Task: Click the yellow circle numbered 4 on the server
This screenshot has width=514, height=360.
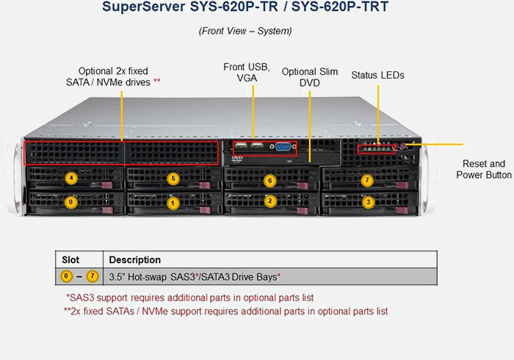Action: click(70, 178)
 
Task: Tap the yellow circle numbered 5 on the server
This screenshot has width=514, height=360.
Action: click(173, 178)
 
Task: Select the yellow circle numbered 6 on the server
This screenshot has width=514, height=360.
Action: click(270, 180)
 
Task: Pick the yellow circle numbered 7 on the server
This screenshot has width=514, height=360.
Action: click(368, 180)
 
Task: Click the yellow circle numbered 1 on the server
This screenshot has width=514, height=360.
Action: click(173, 202)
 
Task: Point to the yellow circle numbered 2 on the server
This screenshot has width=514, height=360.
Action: click(270, 201)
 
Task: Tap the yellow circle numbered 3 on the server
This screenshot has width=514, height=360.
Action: click(368, 201)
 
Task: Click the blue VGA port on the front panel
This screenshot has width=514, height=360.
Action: click(282, 146)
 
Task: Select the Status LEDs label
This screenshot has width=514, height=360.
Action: click(377, 75)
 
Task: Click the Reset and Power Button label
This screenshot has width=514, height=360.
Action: click(484, 169)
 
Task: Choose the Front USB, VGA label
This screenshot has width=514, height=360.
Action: click(246, 72)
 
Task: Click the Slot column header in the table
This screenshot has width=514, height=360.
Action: click(70, 259)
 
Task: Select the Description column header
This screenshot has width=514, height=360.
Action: click(135, 259)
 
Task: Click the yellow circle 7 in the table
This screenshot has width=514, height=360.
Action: click(92, 276)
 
